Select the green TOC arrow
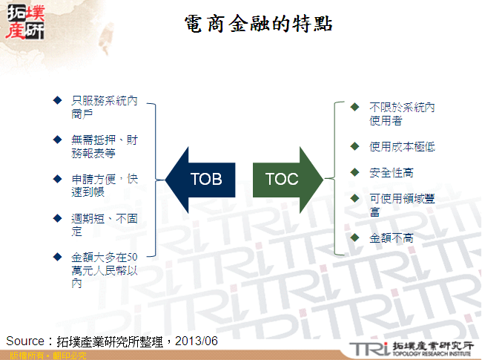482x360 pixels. (285, 179)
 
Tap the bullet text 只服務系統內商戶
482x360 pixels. (104, 107)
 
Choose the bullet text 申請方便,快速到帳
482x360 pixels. (104, 185)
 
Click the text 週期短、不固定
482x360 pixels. (104, 225)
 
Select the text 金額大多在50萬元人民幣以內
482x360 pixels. (104, 269)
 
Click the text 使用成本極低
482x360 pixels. (401, 147)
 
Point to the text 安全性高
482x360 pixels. (391, 172)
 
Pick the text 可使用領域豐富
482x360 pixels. (401, 205)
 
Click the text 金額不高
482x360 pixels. (391, 238)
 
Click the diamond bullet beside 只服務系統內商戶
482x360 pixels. (57, 99)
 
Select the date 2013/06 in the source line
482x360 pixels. (199, 340)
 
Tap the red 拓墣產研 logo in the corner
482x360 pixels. (24, 22)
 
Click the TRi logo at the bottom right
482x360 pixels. (366, 347)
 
